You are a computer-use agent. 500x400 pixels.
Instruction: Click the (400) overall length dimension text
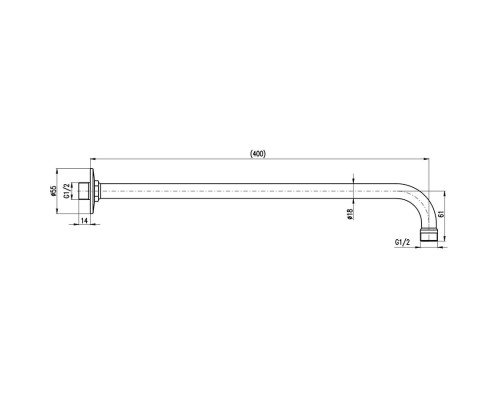click(258, 154)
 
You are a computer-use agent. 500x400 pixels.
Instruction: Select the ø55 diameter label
click(53, 191)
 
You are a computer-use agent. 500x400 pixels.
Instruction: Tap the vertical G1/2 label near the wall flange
click(67, 191)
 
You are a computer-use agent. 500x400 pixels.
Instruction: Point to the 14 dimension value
click(84, 220)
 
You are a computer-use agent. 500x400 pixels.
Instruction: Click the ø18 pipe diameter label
click(349, 214)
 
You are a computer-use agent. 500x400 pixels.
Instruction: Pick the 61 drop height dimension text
click(440, 214)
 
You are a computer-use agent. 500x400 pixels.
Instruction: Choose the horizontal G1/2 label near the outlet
click(402, 242)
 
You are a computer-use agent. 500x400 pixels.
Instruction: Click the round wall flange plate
click(92, 191)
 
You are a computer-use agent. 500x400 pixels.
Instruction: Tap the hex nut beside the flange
click(97, 191)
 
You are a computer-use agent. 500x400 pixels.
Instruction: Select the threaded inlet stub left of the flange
click(84, 191)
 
